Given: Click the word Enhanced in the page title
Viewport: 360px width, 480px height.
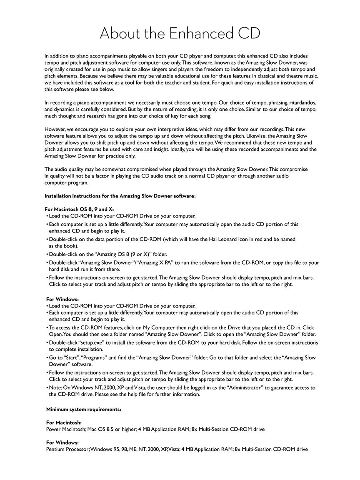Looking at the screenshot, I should [x=199, y=33].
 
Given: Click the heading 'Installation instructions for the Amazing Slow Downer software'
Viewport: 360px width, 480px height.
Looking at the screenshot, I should [x=120, y=196].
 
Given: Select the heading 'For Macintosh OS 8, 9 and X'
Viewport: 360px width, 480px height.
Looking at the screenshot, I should [x=79, y=209].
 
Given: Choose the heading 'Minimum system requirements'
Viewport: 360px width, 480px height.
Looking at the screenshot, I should [x=84, y=409].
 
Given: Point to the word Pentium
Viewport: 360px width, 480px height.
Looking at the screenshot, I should [x=56, y=449].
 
